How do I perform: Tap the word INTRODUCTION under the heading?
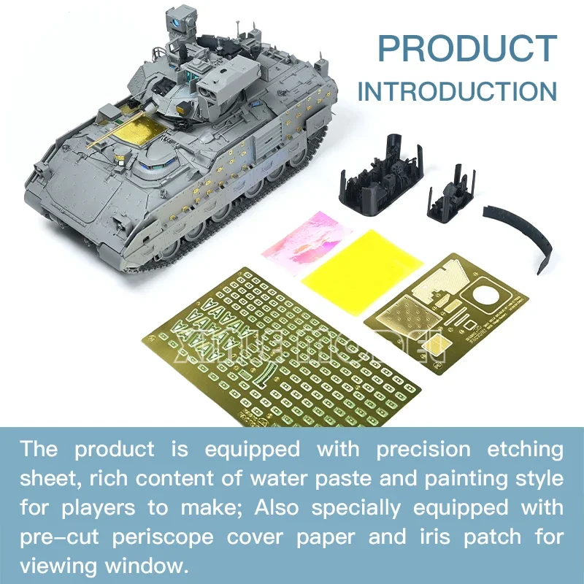(457, 92)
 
